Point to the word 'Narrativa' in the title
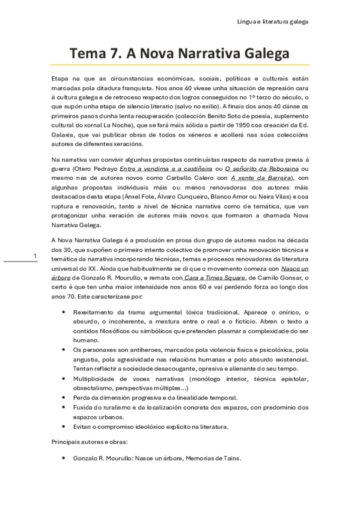(204, 54)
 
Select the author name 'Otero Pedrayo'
(99, 169)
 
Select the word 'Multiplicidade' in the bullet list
(94, 379)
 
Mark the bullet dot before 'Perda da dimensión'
(64, 398)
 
